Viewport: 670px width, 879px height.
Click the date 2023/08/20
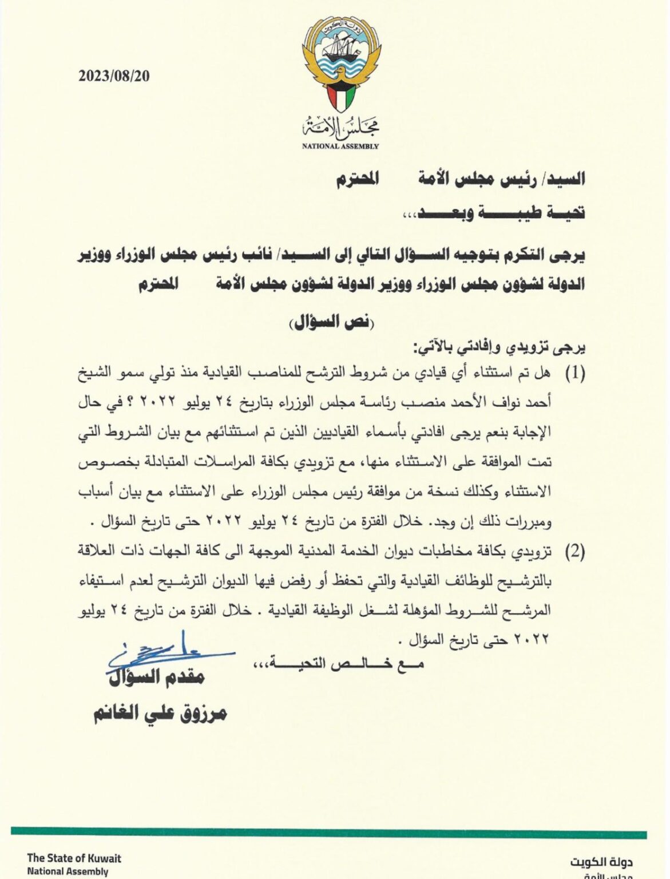pyautogui.click(x=114, y=76)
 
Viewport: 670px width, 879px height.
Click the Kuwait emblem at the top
pyautogui.click(x=341, y=66)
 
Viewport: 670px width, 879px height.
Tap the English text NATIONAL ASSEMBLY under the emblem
pyautogui.click(x=340, y=146)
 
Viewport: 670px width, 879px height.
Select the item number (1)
pyautogui.click(x=574, y=374)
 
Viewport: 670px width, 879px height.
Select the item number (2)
pyautogui.click(x=574, y=552)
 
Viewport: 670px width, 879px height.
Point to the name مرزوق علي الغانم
pyautogui.click(x=160, y=712)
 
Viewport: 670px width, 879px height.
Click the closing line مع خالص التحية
pyautogui.click(x=338, y=664)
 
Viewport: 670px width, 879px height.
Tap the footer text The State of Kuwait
pyautogui.click(x=74, y=858)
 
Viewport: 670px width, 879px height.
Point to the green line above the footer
pyautogui.click(x=328, y=834)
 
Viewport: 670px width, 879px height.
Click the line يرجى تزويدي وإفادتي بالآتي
pyautogui.click(x=498, y=347)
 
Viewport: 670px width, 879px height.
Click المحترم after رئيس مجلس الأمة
pyautogui.click(x=357, y=179)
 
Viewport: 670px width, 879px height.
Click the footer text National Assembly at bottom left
pyautogui.click(x=68, y=872)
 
